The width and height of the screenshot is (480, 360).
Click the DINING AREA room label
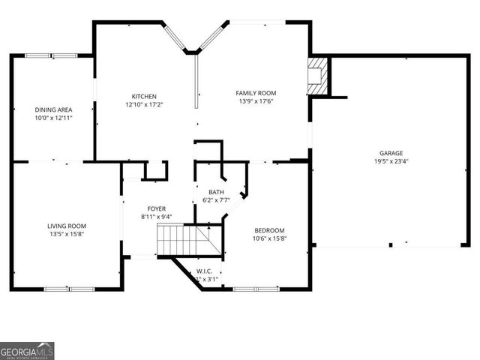point(53,109)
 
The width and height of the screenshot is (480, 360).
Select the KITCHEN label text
point(144,96)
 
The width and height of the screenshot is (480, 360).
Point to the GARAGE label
point(391,152)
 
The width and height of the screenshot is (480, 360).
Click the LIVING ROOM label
point(67,226)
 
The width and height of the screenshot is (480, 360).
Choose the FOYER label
point(157,208)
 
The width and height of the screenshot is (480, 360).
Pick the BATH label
point(216,192)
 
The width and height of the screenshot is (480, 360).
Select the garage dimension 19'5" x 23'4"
point(391,160)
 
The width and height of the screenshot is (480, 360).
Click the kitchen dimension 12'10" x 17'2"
point(144,104)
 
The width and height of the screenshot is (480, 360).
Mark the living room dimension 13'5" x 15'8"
point(67,234)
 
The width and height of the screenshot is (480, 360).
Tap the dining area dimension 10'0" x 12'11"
point(53,118)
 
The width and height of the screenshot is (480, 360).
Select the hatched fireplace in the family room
point(318,76)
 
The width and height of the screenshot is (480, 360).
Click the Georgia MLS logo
point(27,351)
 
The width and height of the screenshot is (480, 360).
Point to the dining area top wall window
point(50,55)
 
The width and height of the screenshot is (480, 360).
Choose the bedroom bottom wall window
point(256,289)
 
